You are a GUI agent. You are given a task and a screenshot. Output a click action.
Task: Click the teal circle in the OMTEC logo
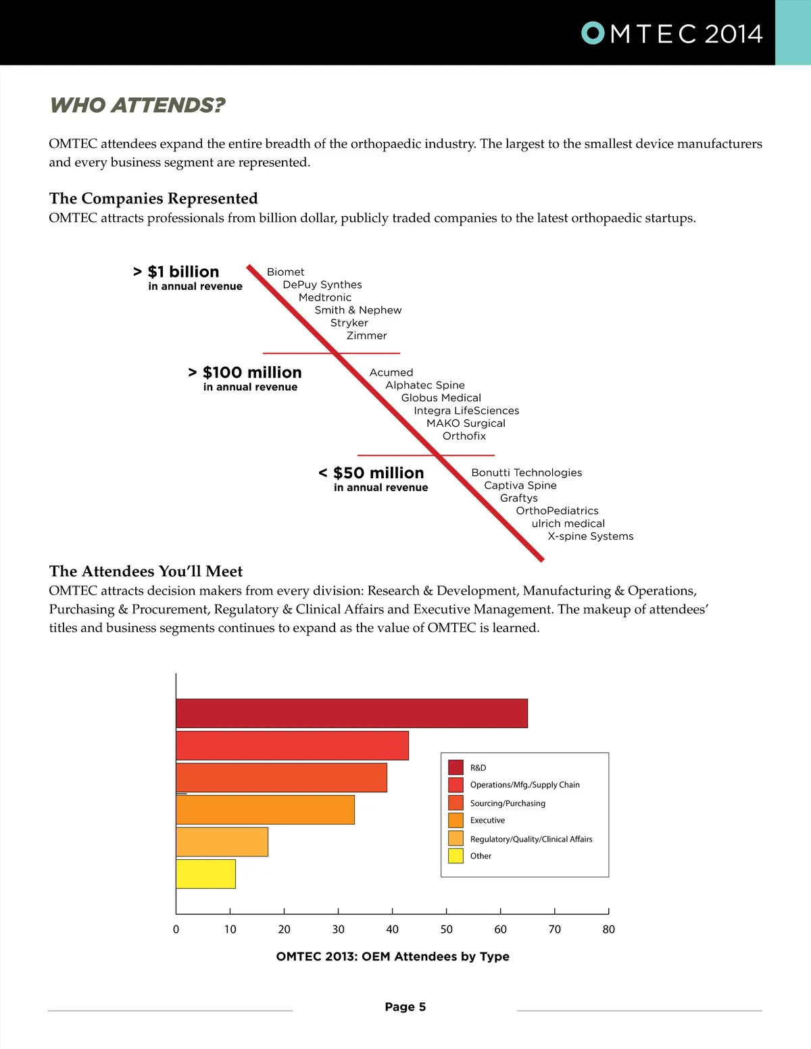593,33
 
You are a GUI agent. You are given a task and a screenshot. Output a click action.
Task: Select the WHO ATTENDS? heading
137,105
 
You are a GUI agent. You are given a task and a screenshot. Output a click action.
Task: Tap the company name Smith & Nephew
358,310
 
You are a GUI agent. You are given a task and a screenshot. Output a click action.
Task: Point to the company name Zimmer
366,336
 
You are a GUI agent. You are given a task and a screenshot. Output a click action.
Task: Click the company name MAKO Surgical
466,424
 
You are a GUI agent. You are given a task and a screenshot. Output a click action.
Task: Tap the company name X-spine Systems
590,536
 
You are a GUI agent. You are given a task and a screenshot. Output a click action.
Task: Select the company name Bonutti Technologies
526,473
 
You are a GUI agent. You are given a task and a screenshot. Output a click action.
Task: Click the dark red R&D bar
351,713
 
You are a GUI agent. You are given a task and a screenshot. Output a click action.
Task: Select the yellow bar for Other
205,874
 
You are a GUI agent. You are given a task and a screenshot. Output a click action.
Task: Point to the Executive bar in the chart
265,810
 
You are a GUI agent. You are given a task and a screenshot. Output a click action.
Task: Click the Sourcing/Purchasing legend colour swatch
456,802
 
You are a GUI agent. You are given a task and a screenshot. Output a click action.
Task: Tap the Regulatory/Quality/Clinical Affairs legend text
531,839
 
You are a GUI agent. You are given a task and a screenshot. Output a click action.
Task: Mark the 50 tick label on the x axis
446,929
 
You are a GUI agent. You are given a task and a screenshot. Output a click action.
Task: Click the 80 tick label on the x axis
608,929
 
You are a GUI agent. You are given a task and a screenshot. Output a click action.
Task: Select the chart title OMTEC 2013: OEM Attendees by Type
393,956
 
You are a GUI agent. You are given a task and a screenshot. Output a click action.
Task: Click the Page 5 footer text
405,1007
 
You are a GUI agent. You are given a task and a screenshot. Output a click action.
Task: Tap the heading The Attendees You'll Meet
146,571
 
